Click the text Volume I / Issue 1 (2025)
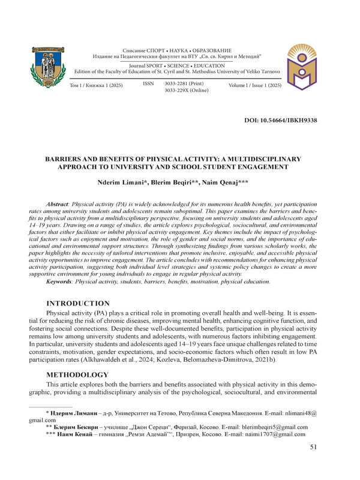255,87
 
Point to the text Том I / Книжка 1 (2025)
97,86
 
